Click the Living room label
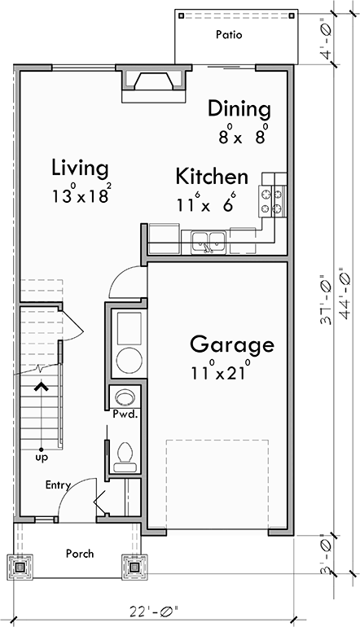click(80, 169)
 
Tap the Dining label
click(239, 109)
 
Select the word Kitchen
click(212, 177)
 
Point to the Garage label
click(232, 344)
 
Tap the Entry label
click(58, 485)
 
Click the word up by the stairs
click(41, 458)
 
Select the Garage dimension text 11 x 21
click(220, 373)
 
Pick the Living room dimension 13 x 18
click(81, 196)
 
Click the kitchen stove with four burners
click(271, 201)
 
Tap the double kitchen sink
click(209, 240)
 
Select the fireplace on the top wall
click(154, 83)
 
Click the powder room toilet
click(125, 453)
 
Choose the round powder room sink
click(125, 397)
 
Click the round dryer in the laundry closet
click(129, 361)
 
